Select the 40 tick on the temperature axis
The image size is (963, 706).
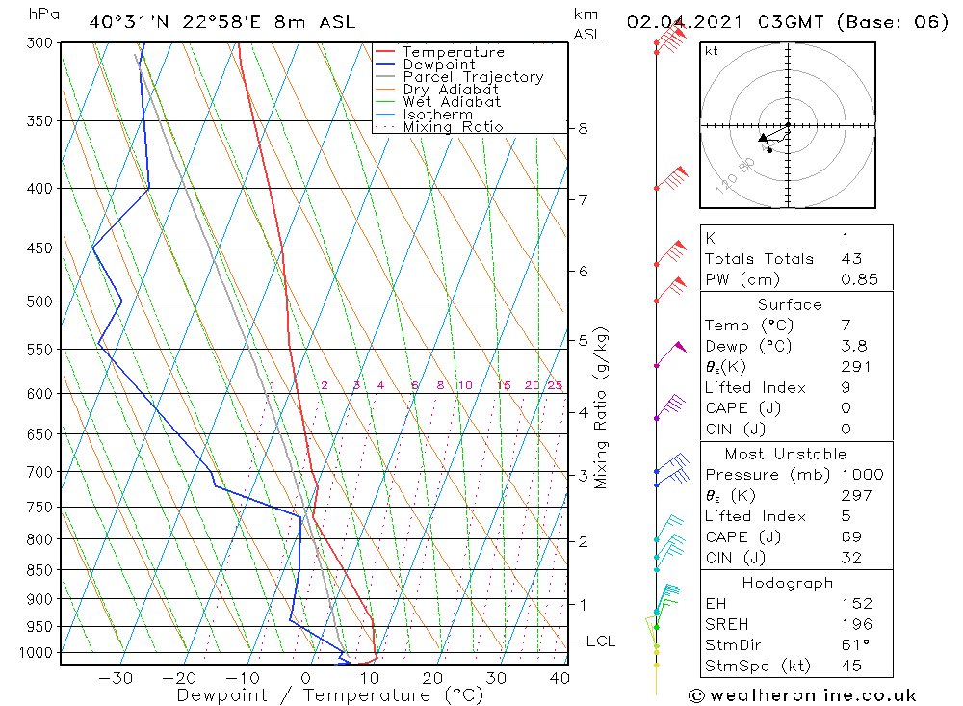560,678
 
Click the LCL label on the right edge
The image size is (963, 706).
600,641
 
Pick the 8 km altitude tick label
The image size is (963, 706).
583,128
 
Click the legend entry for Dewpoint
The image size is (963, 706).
438,65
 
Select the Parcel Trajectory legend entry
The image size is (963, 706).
472,77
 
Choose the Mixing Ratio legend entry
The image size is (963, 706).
453,127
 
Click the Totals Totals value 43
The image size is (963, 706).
851,258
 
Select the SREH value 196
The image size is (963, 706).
856,624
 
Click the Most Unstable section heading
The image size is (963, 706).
785,454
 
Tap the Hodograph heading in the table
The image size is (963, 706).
785,583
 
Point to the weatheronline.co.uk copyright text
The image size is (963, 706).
802,694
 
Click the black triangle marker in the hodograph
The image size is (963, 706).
763,139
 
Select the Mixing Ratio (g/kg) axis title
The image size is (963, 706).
602,408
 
